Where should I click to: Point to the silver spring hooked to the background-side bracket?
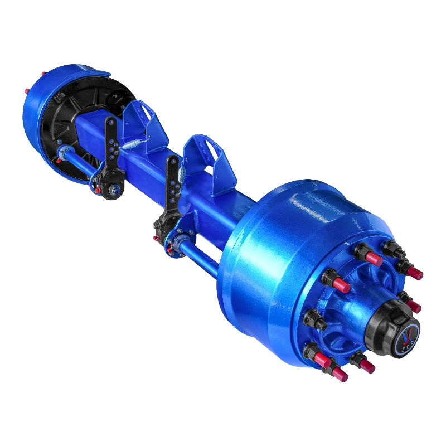pyautogui.click(x=134, y=144)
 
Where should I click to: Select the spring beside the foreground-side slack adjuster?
pyautogui.click(x=181, y=176)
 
